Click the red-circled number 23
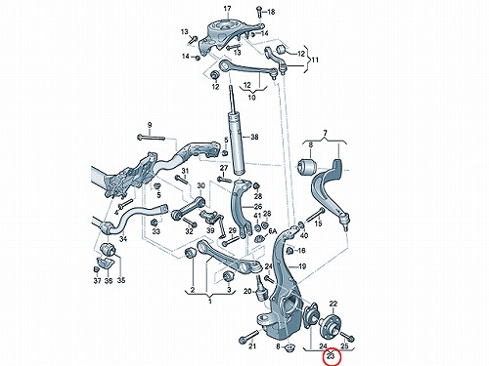coord(331,356)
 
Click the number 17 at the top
coord(227,9)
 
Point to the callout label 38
coord(254,137)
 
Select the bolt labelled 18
coord(259,12)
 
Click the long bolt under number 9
coord(151,138)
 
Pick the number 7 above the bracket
coord(325,133)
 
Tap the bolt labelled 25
coord(347,337)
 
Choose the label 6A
coord(272,231)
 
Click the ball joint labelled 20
coord(262,290)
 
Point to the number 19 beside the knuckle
coord(302,266)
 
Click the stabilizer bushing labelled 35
coord(107,250)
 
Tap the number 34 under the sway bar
coord(123,239)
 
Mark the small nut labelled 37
coord(96,269)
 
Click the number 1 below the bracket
coord(210,302)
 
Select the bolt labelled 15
coord(315,215)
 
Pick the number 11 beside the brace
coord(315,60)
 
